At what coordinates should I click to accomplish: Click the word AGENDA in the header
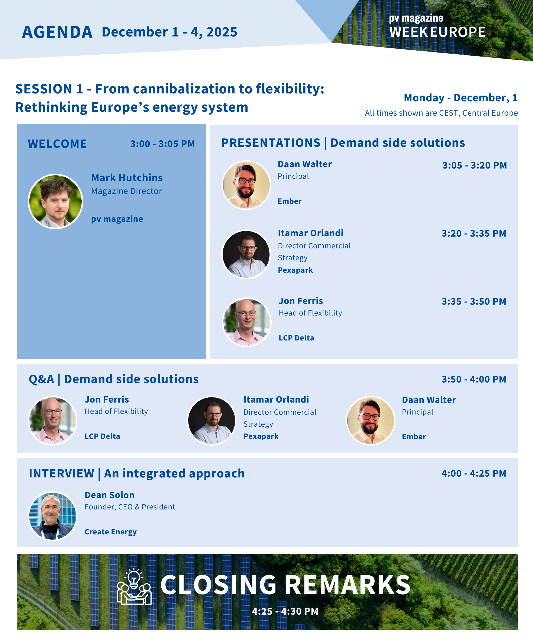57,32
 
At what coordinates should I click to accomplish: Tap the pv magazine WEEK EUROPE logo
437,26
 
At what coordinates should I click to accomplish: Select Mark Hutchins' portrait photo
55,201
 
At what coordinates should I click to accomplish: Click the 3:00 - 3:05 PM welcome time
162,144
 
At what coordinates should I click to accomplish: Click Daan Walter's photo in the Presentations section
246,185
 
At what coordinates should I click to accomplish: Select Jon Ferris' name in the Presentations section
301,301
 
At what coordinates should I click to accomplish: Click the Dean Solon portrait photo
53,516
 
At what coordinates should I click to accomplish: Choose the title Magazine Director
126,191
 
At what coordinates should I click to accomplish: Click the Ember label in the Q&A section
414,436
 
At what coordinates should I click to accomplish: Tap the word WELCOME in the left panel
57,144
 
